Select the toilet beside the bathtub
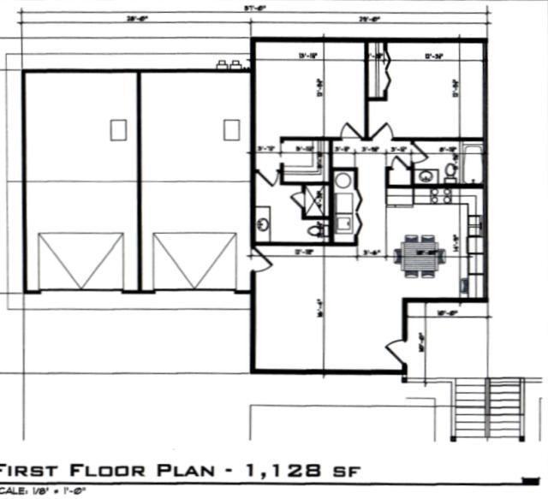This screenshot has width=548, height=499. [450, 171]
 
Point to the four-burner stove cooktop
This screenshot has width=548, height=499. [440, 196]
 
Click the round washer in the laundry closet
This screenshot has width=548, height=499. [344, 181]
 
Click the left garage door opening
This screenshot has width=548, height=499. [81, 261]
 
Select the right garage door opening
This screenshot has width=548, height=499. [194, 261]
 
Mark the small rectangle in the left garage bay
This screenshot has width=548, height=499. [118, 130]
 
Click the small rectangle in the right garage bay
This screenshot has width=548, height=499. [231, 130]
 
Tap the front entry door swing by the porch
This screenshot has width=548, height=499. [396, 349]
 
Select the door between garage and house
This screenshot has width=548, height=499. [254, 261]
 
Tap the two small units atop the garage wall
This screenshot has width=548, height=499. [229, 64]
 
